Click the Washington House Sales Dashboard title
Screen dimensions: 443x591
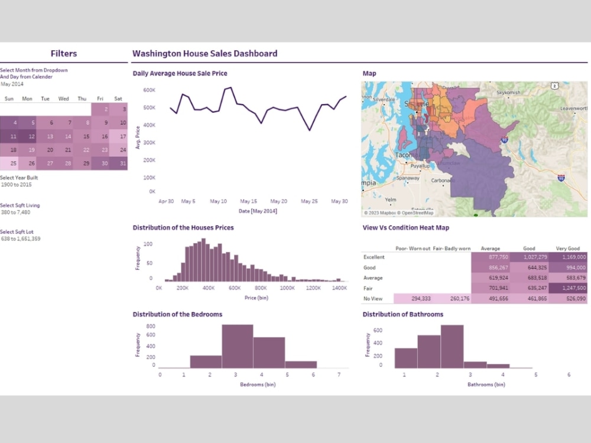204,54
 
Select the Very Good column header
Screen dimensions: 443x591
567,249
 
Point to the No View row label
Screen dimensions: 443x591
373,299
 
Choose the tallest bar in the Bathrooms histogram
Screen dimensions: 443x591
452,346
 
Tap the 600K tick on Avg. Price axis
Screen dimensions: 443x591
149,90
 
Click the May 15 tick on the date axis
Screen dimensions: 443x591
249,201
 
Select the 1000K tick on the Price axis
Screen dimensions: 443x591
287,288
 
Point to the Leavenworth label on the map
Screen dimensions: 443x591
573,109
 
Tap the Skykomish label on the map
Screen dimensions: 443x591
508,93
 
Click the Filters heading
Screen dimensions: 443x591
64,54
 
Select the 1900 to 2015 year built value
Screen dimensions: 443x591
17,184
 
